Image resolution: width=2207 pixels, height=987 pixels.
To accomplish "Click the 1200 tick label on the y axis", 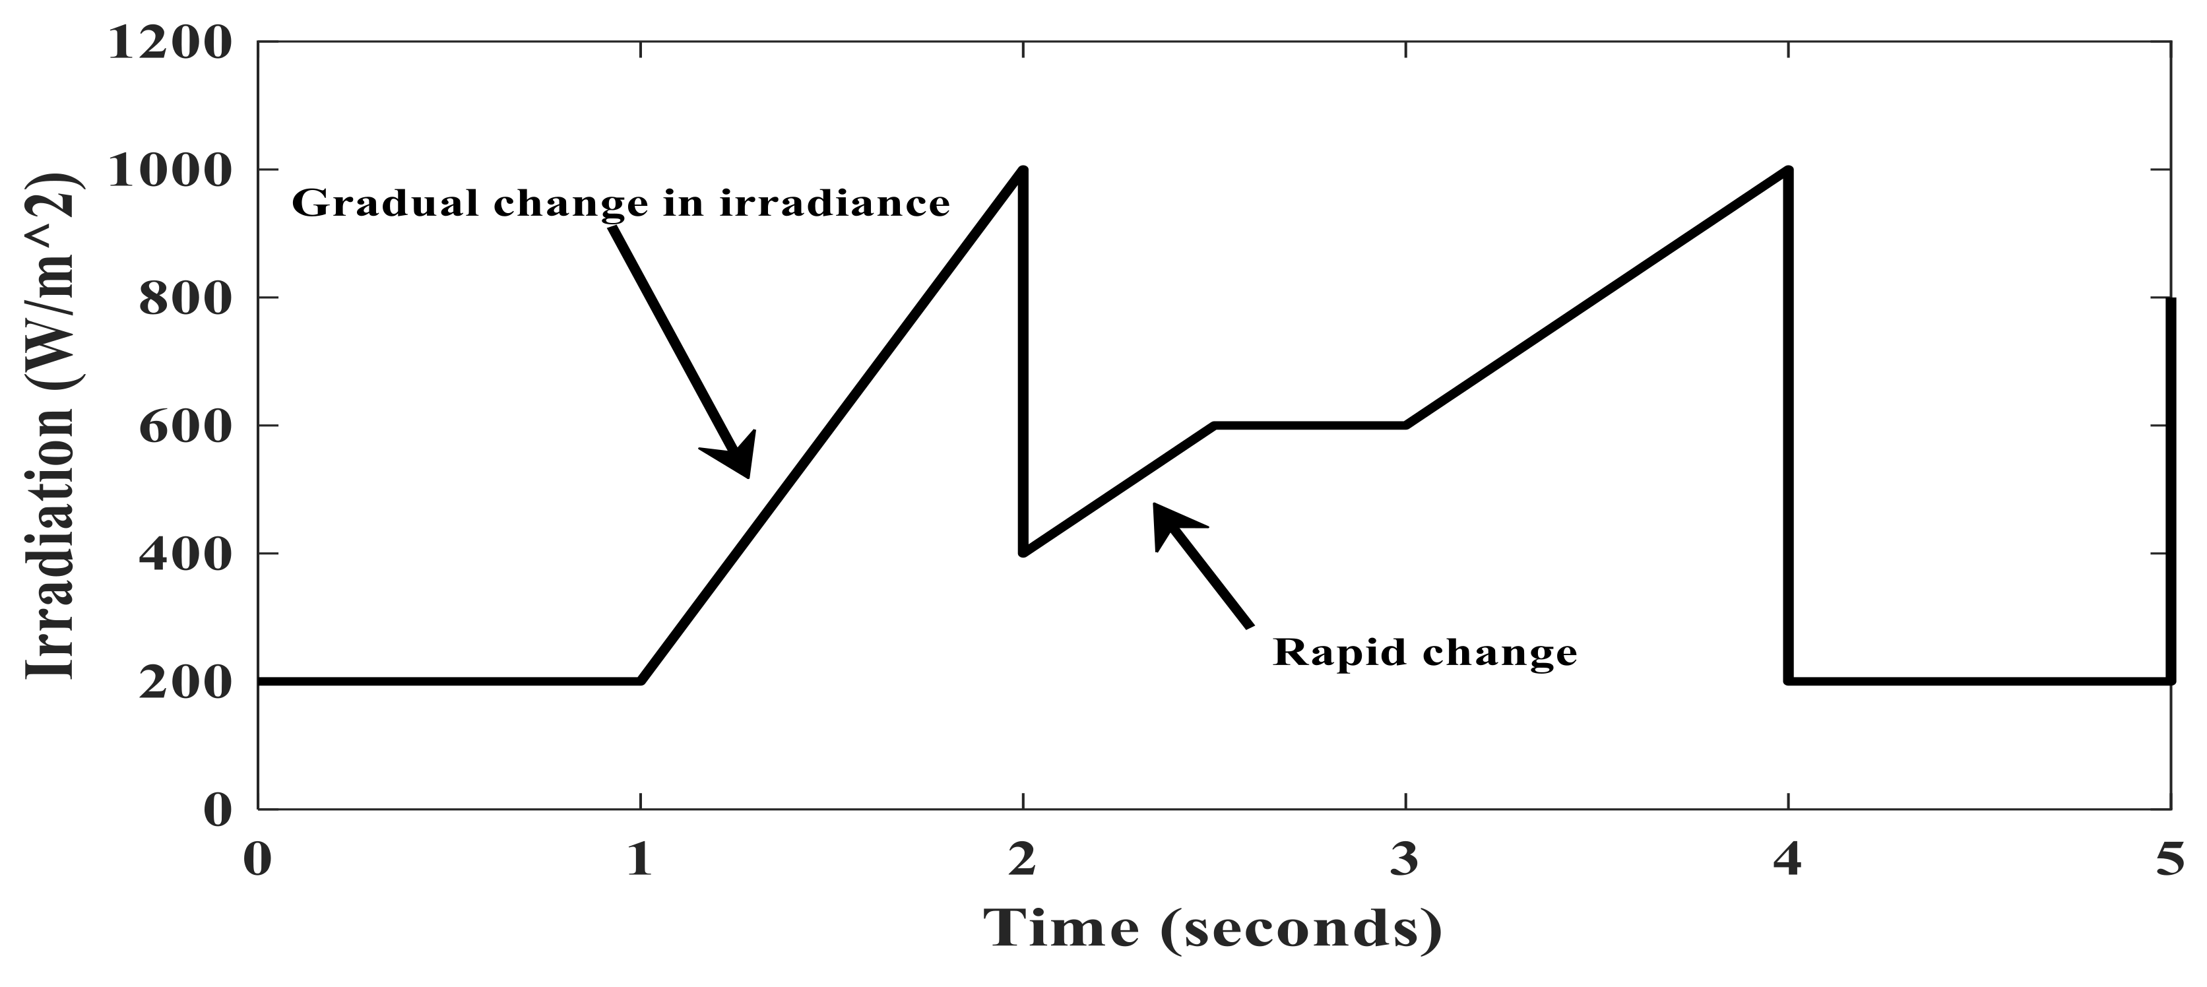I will (170, 43).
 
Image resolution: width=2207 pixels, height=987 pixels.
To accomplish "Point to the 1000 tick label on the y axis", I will (170, 172).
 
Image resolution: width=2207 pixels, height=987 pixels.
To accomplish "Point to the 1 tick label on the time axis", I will (640, 860).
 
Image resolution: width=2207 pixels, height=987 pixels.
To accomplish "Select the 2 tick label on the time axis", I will (1022, 860).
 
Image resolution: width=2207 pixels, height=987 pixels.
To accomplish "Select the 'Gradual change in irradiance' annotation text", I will (621, 204).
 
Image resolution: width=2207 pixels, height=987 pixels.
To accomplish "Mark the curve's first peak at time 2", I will (1022, 172).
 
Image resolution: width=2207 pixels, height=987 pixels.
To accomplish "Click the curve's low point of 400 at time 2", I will (1024, 552).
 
